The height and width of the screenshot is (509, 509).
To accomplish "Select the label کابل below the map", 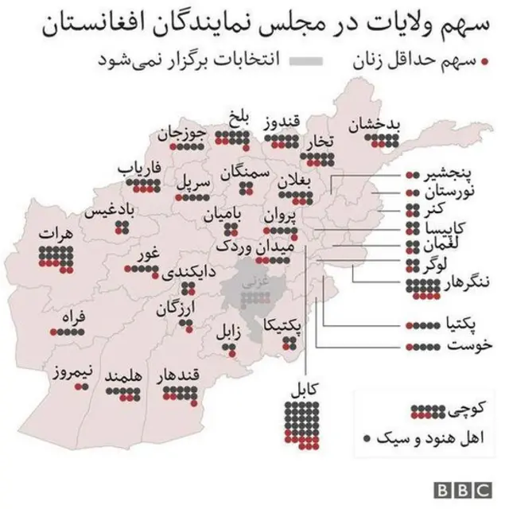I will pyautogui.click(x=302, y=390).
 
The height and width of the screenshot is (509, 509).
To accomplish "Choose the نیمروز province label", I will pyautogui.click(x=76, y=371).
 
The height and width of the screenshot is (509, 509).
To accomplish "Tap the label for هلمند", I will pyautogui.click(x=123, y=375).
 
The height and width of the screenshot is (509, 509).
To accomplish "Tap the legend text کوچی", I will pyautogui.click(x=463, y=410).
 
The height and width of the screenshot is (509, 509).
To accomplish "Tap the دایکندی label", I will pyautogui.click(x=188, y=272).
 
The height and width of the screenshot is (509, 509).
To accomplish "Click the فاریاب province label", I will pyautogui.click(x=140, y=169).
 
